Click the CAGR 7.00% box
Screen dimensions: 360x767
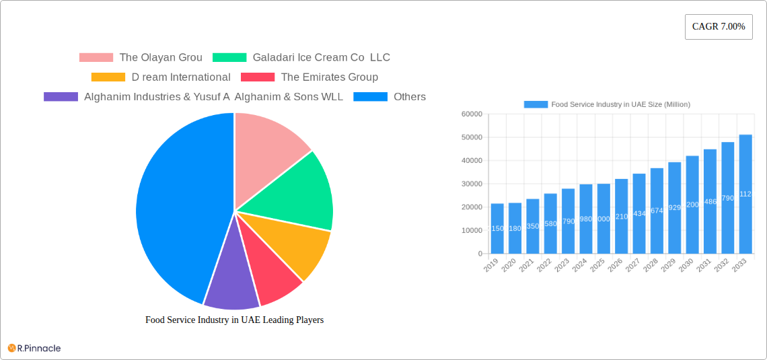[x=718, y=27]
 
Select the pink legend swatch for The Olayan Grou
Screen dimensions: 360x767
[x=96, y=58]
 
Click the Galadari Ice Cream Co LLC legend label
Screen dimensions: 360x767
[x=321, y=58]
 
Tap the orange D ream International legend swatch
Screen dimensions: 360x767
[x=108, y=77]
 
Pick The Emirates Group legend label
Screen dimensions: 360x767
[x=329, y=77]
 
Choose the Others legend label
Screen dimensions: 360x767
[x=409, y=97]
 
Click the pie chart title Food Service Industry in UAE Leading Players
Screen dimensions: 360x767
[x=234, y=320]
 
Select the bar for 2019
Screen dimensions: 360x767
[x=497, y=229]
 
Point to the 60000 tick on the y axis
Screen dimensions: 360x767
[x=471, y=114]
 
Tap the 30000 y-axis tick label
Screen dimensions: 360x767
[x=471, y=184]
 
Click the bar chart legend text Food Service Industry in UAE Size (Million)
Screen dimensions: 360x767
[x=620, y=104]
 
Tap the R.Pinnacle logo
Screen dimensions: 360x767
[x=34, y=348]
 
